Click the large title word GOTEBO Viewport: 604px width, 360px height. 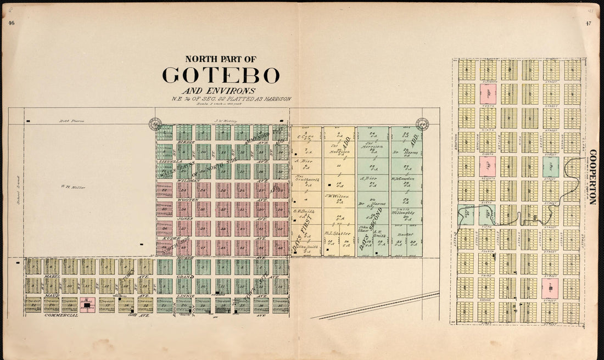[221, 76]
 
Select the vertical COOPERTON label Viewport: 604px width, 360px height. [592, 177]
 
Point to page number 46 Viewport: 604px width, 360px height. [11, 23]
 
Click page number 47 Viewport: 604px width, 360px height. [589, 23]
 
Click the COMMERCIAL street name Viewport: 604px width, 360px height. [60, 316]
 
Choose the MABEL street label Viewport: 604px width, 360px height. [52, 277]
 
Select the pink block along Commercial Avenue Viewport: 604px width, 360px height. [87, 305]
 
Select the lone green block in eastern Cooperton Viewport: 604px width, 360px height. [551, 167]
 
